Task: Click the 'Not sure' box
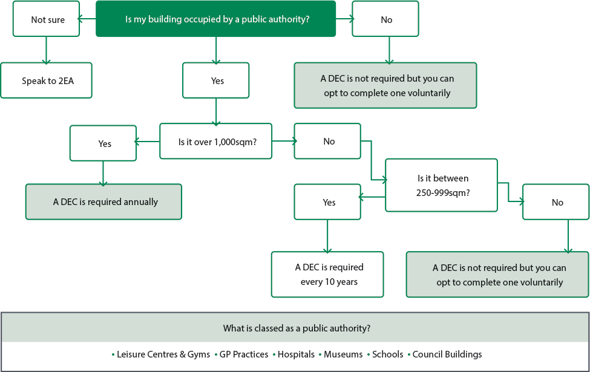[x=46, y=19]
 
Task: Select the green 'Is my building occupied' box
[x=215, y=19]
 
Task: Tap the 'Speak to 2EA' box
[x=46, y=80]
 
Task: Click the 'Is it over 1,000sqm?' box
[x=215, y=141]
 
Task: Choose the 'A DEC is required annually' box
[x=103, y=201]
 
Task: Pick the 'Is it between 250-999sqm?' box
[x=441, y=185]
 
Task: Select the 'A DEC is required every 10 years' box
[x=327, y=274]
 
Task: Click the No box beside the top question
[x=385, y=19]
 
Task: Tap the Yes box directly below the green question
[x=215, y=80]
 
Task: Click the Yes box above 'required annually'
[x=103, y=143]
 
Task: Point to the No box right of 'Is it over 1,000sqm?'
[x=327, y=141]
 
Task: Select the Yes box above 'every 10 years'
[x=327, y=201]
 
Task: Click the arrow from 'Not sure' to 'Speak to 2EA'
[x=46, y=50]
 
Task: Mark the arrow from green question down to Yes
[x=216, y=50]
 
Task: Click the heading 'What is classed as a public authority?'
[x=297, y=328]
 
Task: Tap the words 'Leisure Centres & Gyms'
[x=163, y=354]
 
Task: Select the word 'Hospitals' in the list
[x=296, y=354]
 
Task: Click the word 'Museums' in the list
[x=343, y=354]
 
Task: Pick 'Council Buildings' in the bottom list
[x=447, y=354]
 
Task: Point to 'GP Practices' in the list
[x=244, y=354]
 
